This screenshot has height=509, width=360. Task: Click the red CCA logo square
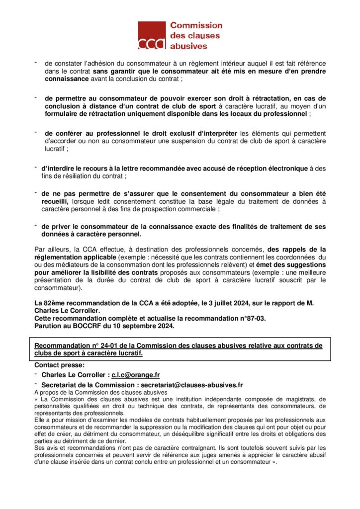pos(152,35)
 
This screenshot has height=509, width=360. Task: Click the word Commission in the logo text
pos(196,25)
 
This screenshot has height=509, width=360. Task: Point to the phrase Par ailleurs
pos(49,249)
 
